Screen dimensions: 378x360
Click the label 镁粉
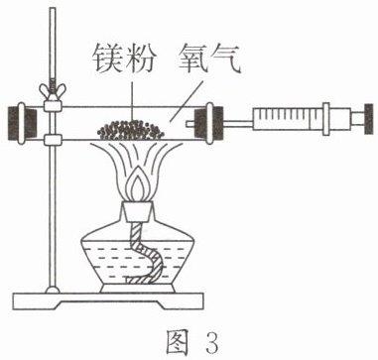(123, 60)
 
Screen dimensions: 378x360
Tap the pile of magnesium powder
(131, 130)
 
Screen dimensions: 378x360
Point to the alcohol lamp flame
(139, 184)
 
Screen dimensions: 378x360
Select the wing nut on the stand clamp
(53, 90)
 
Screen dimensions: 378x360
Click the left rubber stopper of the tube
(22, 123)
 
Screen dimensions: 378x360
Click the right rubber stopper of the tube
(208, 123)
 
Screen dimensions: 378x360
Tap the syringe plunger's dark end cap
(369, 119)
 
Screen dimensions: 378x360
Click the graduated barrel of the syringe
(288, 119)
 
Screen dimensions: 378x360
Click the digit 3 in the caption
(209, 343)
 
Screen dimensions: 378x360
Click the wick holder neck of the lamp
(139, 211)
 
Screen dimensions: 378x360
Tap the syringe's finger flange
(326, 119)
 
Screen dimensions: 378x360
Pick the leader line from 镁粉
(132, 102)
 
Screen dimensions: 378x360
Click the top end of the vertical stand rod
(53, 9)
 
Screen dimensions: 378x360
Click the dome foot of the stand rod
(53, 290)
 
